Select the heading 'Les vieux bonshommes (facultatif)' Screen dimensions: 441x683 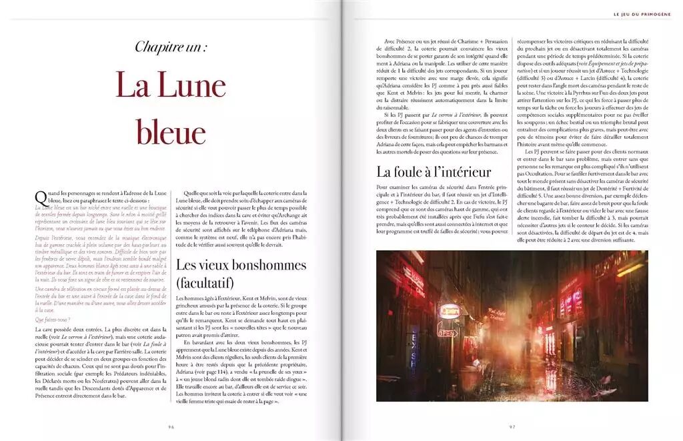[241, 274]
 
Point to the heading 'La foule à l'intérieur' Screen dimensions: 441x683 [434, 171]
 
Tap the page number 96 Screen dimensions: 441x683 [171, 427]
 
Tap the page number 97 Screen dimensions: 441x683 [512, 427]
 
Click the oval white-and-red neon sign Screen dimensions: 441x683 [452, 310]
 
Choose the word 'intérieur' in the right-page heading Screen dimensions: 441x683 [464, 171]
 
